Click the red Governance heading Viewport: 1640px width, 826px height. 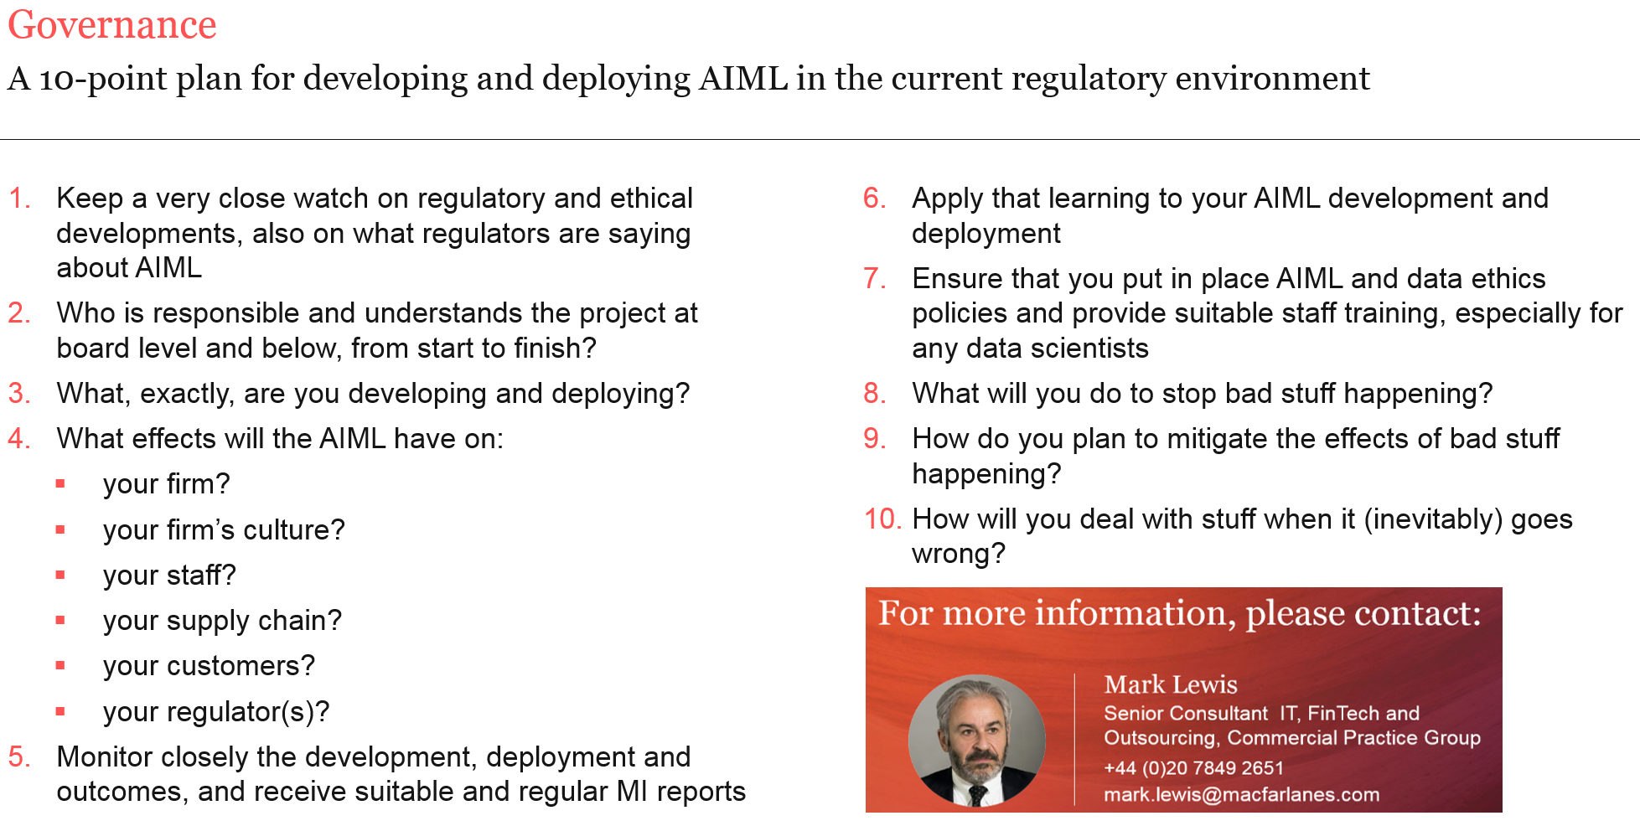pyautogui.click(x=112, y=25)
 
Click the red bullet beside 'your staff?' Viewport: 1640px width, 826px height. pyautogui.click(x=60, y=575)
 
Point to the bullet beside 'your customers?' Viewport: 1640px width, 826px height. pyautogui.click(x=60, y=665)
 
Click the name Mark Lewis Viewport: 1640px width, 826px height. pyautogui.click(x=1171, y=684)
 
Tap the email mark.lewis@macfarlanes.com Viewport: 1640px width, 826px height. pyautogui.click(x=1241, y=794)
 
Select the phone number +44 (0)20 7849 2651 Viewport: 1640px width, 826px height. pyautogui.click(x=1193, y=768)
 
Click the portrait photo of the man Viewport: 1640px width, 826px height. pyautogui.click(x=977, y=741)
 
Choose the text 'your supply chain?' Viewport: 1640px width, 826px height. pyautogui.click(x=222, y=621)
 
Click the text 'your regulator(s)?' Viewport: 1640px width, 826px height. pyautogui.click(x=216, y=712)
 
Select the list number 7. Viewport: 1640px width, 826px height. pyautogui.click(x=874, y=279)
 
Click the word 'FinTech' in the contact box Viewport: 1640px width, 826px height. pyautogui.click(x=1343, y=713)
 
